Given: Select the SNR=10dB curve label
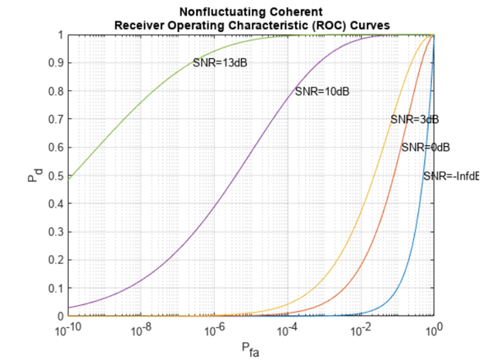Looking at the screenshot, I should pos(322,91).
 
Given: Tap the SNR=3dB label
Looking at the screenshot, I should pos(414,120).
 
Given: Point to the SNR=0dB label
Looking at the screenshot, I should pos(426,148).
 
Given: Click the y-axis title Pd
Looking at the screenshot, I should pos(34,176).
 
